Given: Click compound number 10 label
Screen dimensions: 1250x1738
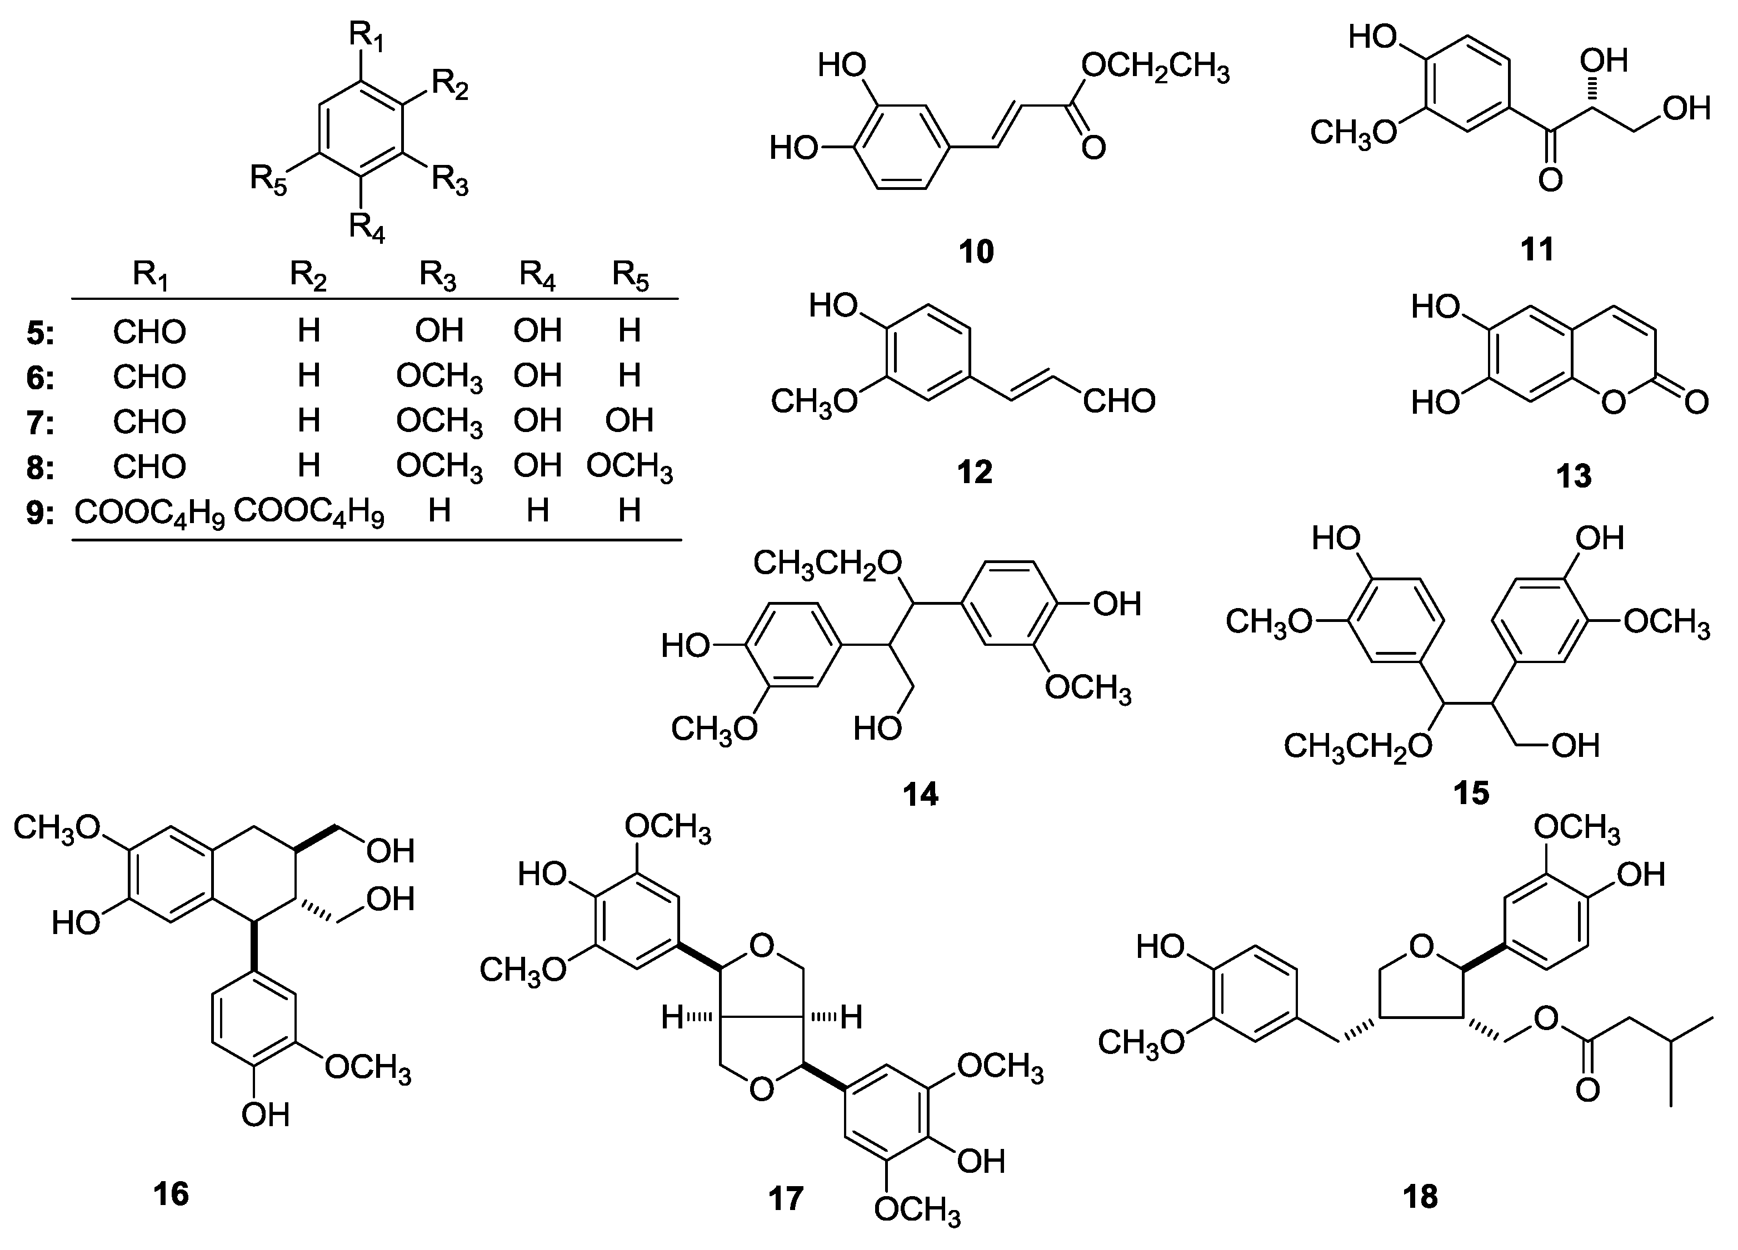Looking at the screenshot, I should point(976,250).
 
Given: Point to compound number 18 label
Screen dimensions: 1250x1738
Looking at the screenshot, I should point(1420,1196).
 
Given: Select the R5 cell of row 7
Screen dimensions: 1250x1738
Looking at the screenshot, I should point(629,420).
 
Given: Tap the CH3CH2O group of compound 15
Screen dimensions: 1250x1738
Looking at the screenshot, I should point(1357,746).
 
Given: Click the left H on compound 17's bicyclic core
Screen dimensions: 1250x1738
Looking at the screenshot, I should point(672,1018).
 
